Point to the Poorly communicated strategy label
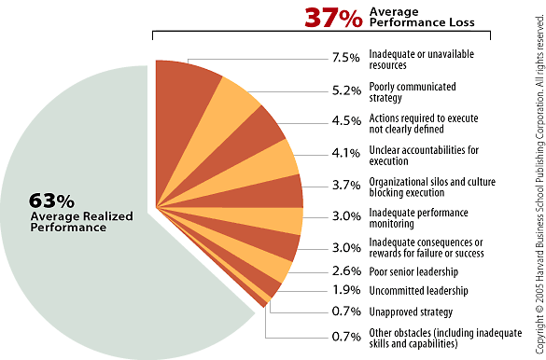tap(412, 91)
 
